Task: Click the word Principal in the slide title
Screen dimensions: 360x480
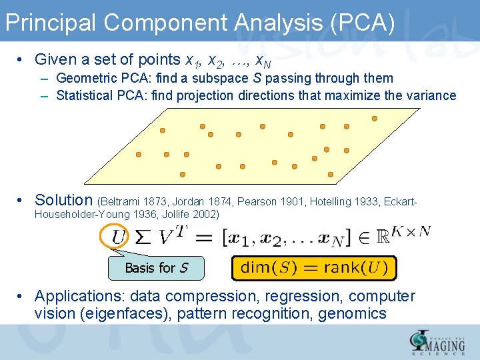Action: [x=51, y=23]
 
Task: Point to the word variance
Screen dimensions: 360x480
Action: [x=430, y=95]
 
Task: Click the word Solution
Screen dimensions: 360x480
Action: [x=64, y=200]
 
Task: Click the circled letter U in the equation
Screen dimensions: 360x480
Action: [x=118, y=237]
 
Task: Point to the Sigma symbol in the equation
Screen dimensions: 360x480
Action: [x=142, y=237]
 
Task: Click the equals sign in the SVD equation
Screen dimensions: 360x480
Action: [x=205, y=237]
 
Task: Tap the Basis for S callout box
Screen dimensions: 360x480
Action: [x=156, y=268]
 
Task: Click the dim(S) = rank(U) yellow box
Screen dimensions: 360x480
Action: [x=313, y=268]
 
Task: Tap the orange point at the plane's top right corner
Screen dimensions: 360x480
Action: [x=375, y=119]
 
